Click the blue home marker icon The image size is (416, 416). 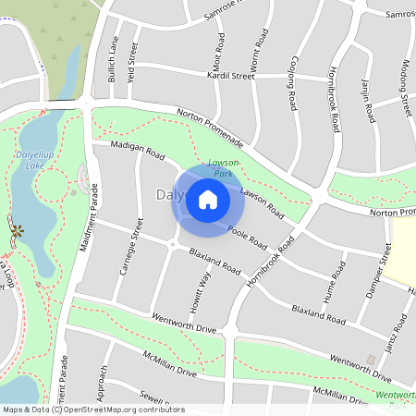pos(208,200)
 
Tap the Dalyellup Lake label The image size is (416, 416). pos(37,160)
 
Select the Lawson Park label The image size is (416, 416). pos(222,167)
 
